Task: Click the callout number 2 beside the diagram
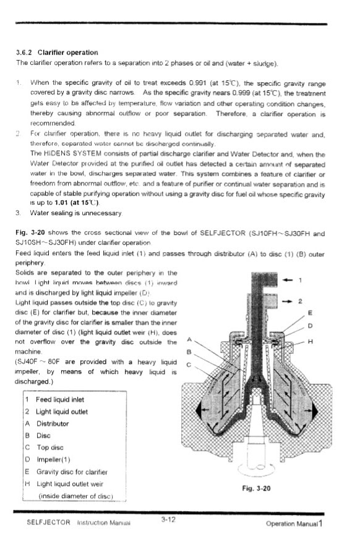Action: click(x=300, y=302)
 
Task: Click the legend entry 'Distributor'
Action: click(x=54, y=424)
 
